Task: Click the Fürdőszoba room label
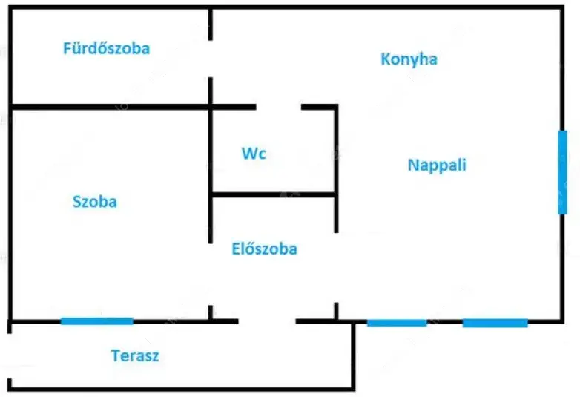click(107, 49)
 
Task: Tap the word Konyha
click(409, 59)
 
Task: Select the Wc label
click(254, 154)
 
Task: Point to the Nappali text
click(437, 165)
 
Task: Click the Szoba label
click(94, 201)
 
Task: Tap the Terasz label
click(135, 355)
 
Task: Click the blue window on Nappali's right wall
click(562, 172)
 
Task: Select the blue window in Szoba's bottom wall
click(96, 321)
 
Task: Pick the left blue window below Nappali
click(397, 322)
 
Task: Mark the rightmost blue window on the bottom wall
click(495, 322)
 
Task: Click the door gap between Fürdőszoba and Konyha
click(211, 59)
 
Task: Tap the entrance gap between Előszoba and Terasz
click(267, 321)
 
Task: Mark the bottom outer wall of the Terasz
click(178, 388)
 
